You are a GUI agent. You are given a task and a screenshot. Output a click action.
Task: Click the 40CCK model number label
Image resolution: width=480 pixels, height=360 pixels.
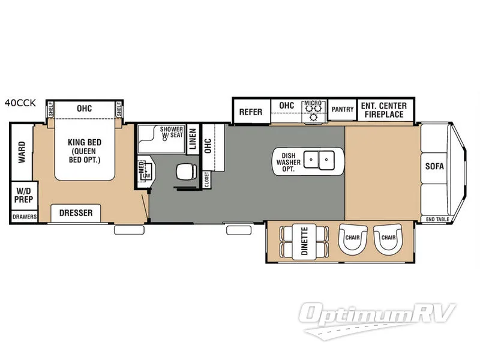click(20, 103)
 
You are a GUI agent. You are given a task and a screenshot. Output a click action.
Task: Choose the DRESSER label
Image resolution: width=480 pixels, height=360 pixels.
click(76, 213)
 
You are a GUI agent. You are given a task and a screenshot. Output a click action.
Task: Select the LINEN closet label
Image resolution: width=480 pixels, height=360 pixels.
click(193, 139)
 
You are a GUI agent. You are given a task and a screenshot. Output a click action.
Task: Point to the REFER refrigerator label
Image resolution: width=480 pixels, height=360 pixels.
click(251, 112)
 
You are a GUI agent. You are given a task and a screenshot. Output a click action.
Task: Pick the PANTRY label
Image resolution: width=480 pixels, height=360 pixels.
click(343, 109)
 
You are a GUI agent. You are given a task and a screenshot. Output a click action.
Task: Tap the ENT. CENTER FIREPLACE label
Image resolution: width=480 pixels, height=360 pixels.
click(384, 110)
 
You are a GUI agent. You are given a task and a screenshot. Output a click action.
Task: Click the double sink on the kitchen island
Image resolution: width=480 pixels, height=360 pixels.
click(319, 160)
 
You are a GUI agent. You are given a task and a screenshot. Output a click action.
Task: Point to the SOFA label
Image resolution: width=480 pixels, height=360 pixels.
click(434, 166)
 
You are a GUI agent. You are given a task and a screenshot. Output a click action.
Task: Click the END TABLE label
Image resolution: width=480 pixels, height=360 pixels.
click(437, 220)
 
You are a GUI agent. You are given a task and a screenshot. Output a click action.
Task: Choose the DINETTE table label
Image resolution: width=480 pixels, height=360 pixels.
click(304, 241)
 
